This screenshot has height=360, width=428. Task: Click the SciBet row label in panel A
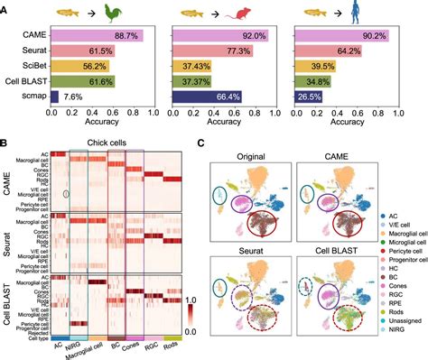coord(31,66)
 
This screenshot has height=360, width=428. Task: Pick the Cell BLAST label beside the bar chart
coord(24,81)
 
